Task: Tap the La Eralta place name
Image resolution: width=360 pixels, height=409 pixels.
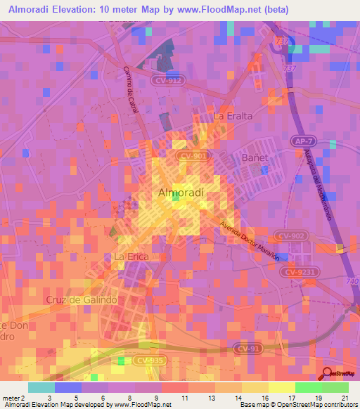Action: (232, 115)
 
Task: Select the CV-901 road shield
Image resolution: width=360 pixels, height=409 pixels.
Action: (191, 156)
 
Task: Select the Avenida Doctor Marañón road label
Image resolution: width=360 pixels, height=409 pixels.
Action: (250, 241)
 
